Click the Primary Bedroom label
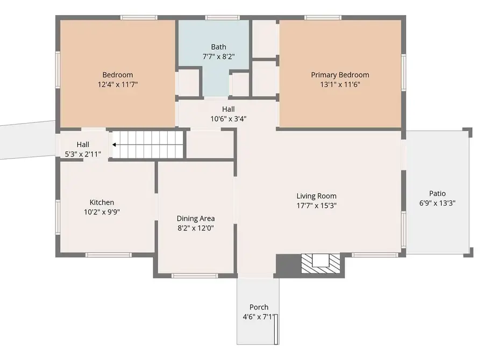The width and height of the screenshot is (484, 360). [340, 75]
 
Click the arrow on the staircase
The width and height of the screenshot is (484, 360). [115, 144]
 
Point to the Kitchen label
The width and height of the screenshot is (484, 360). [102, 202]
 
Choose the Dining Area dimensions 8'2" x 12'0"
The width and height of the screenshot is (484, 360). [196, 228]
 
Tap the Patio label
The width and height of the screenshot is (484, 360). [437, 193]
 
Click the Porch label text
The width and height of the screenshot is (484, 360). [259, 307]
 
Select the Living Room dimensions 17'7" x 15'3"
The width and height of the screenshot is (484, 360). [316, 205]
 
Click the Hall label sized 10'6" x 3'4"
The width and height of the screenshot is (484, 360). [228, 109]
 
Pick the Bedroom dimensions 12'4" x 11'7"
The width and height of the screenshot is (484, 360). [117, 84]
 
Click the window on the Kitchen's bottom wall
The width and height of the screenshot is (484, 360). [109, 255]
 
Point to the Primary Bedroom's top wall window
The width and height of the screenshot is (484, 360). [323, 18]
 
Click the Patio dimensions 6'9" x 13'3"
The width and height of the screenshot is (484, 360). [437, 203]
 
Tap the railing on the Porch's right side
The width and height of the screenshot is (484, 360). [276, 329]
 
